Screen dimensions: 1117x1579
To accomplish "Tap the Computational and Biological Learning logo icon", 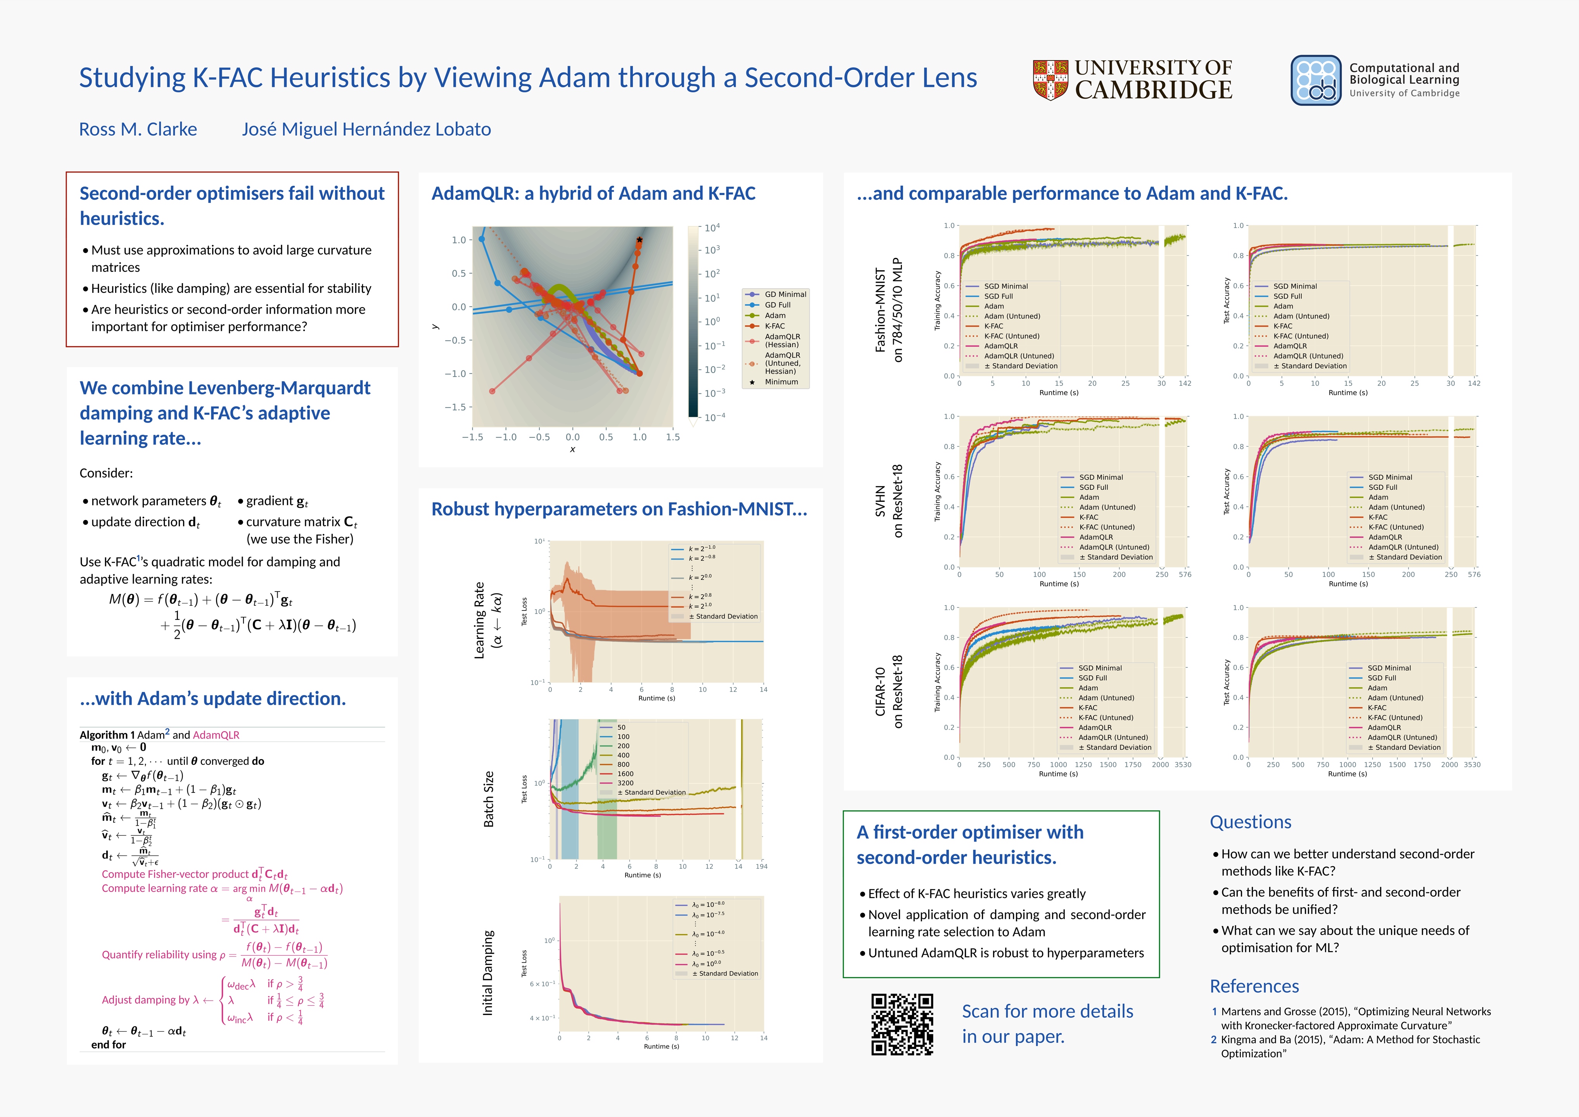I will (x=1316, y=80).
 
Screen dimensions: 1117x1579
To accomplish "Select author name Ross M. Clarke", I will (x=138, y=129).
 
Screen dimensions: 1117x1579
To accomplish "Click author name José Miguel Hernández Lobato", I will (x=366, y=129).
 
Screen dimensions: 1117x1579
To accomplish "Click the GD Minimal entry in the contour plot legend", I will (x=785, y=294).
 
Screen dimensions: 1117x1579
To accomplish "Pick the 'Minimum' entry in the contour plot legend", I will (x=781, y=382).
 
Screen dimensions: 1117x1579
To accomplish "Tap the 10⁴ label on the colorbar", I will (x=712, y=228).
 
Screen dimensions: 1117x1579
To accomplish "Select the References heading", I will (x=1254, y=986).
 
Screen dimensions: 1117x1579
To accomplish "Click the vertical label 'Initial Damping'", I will (x=488, y=973).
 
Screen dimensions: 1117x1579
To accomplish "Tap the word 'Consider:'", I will (x=106, y=473).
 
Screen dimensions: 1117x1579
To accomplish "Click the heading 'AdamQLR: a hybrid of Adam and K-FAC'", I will (x=593, y=193).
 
